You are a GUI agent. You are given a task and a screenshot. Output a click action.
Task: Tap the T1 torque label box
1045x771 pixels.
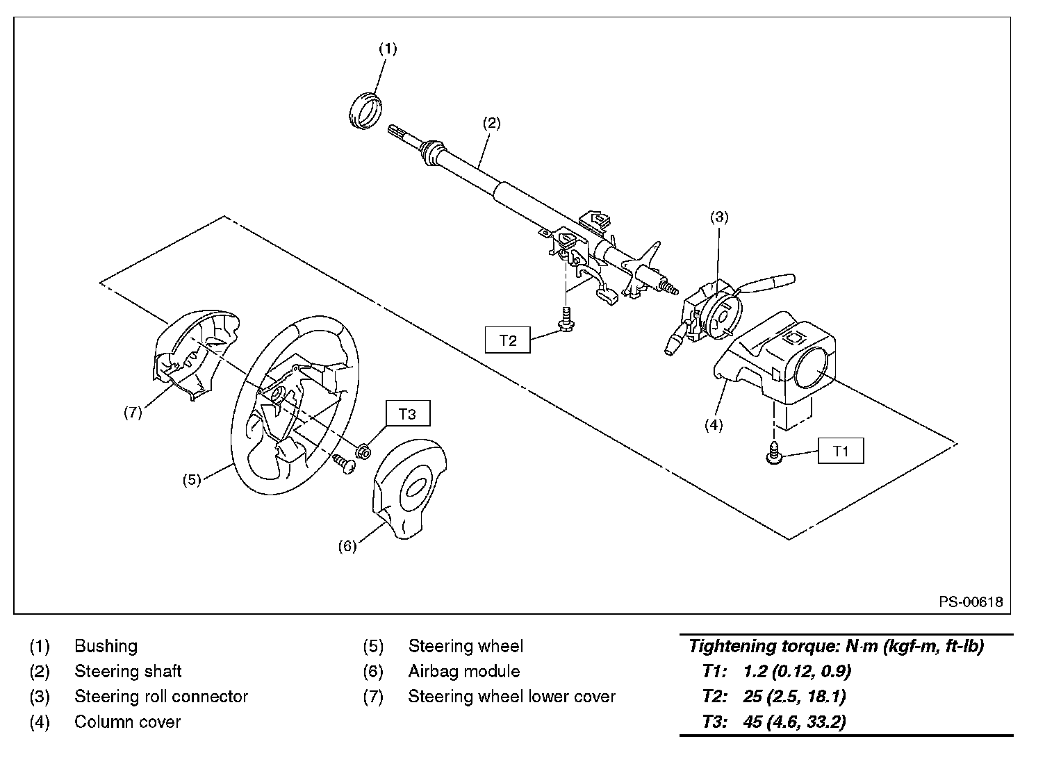coord(841,451)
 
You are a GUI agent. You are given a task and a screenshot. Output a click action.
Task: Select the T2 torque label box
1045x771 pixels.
coord(508,340)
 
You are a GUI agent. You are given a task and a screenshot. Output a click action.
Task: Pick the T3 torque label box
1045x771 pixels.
coord(407,414)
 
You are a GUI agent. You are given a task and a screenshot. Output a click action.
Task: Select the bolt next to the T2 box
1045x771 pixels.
coord(566,321)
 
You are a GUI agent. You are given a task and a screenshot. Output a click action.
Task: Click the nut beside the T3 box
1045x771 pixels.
coord(363,452)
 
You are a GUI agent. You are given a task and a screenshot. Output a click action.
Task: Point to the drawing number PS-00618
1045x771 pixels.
coord(971,602)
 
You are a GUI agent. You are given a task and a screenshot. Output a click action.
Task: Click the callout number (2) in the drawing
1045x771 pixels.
coord(491,123)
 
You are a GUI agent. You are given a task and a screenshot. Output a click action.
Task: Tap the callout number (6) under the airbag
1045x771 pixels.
coord(347,546)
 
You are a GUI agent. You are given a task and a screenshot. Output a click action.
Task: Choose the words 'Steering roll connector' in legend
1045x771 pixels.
coord(161,696)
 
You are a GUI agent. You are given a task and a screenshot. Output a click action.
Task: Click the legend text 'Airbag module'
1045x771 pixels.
coord(464,671)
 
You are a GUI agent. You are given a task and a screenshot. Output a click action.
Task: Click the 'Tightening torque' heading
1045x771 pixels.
coord(836,646)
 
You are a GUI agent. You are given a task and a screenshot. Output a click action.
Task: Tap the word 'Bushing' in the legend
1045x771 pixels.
coord(106,646)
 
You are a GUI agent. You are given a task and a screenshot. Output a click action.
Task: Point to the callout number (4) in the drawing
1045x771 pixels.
coord(714,425)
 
